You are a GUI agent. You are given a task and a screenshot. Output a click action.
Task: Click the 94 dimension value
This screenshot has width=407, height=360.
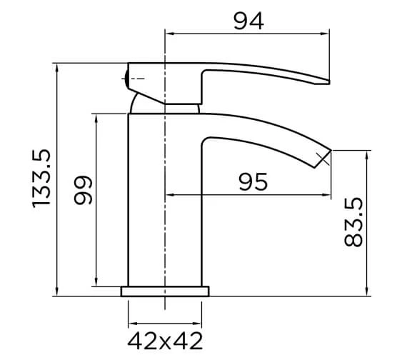(248, 21)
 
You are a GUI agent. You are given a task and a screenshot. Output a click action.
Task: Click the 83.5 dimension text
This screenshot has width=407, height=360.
(354, 223)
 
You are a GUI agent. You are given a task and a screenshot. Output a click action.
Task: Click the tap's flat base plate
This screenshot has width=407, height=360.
(165, 291)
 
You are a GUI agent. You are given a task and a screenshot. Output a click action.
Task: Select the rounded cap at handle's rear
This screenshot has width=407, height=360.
(126, 78)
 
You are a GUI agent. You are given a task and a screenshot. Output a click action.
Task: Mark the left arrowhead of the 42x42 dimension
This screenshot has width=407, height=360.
(131, 315)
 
